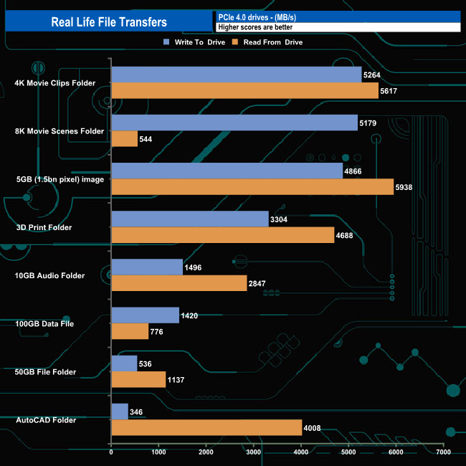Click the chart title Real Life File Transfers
[109, 22]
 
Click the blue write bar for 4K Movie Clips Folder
[236, 75]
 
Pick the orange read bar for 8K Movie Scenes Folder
[124, 139]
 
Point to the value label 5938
[405, 188]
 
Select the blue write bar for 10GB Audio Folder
[147, 267]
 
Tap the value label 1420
[190, 315]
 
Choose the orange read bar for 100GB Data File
[130, 331]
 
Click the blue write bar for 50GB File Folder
[124, 363]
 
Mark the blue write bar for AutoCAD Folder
[120, 412]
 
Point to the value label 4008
[313, 428]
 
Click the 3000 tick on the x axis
[254, 453]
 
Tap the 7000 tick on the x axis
[443, 453]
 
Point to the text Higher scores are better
[255, 27]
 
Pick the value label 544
[148, 140]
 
